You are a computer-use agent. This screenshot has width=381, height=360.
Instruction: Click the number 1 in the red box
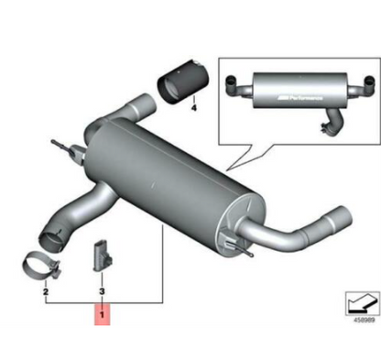pos(103,316)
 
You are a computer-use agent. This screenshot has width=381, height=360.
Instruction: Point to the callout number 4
pos(193,107)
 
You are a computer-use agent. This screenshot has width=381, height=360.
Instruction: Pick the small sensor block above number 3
pos(101,256)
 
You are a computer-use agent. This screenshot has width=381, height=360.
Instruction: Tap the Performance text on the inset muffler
pos(298,94)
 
